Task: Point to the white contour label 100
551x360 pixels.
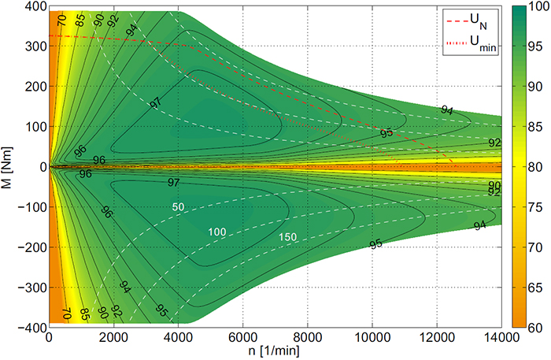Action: click(217, 232)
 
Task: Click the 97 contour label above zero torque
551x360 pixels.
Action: click(155, 103)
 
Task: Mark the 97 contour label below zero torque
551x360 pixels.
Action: click(173, 182)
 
